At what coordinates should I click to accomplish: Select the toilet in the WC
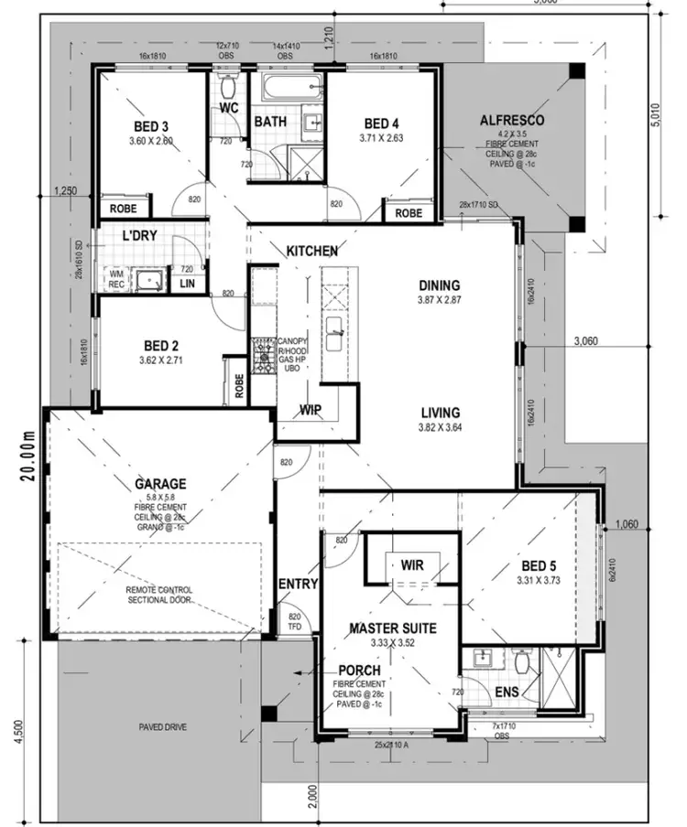(x=229, y=87)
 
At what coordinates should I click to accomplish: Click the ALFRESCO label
(x=512, y=121)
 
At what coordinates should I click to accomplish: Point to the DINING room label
(x=440, y=285)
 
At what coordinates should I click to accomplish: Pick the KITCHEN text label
(x=312, y=251)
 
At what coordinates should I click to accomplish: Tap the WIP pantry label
(x=311, y=411)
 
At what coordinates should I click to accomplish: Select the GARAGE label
(x=160, y=483)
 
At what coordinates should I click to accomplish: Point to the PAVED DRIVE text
(x=164, y=727)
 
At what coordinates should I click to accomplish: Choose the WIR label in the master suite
(x=411, y=565)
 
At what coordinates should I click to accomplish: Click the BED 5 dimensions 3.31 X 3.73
(x=531, y=578)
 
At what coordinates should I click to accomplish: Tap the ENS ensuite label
(x=506, y=693)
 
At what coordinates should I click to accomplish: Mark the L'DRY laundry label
(x=140, y=236)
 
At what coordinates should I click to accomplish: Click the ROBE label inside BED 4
(x=409, y=212)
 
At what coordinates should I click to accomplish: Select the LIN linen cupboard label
(x=187, y=285)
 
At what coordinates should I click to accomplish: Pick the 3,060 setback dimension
(x=585, y=341)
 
